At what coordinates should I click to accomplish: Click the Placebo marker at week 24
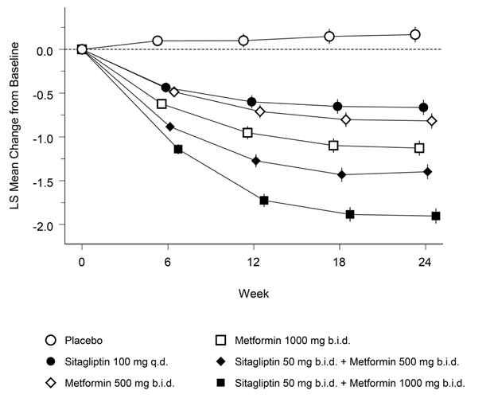415,34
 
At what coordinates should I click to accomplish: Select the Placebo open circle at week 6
158,41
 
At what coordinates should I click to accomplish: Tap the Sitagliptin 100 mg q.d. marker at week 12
251,102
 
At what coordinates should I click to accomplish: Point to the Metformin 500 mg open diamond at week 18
346,119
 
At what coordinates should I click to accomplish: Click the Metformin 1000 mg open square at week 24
419,148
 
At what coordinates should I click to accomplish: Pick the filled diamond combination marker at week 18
342,174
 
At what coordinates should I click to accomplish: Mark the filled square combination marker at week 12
264,200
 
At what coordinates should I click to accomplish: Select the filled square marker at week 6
178,149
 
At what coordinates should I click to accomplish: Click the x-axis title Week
254,293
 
